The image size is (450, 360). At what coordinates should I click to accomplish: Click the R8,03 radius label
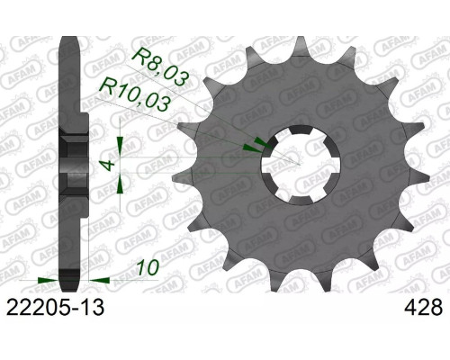(161, 67)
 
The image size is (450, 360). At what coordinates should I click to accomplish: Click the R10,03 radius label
(134, 94)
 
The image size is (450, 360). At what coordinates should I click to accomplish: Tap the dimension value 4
(109, 165)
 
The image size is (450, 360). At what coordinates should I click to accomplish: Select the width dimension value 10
(148, 267)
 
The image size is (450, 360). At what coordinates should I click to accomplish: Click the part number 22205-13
(55, 307)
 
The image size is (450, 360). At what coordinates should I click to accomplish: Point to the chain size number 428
(423, 307)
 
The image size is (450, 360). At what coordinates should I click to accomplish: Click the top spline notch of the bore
(301, 130)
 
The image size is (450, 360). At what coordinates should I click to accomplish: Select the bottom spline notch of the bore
(301, 201)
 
